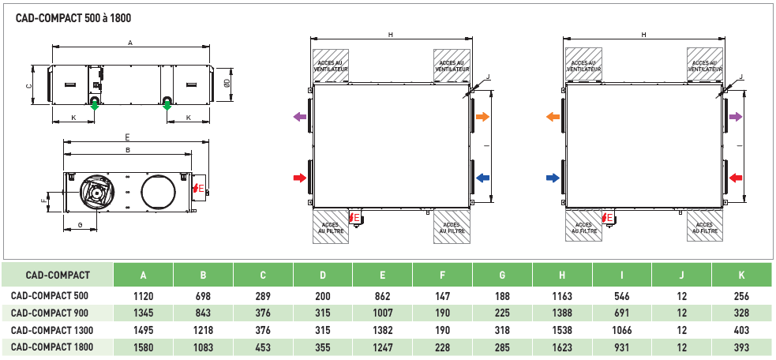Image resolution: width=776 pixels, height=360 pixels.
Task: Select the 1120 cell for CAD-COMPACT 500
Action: coord(143,296)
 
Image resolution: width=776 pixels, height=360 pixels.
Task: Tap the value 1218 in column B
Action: coord(203,329)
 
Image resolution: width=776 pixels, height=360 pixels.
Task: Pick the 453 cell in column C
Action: coord(263,347)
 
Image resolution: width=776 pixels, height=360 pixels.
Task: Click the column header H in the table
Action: coord(562,276)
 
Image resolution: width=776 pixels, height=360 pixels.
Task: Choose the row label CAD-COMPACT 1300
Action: coord(52,329)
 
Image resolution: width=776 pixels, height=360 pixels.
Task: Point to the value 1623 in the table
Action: coord(562,347)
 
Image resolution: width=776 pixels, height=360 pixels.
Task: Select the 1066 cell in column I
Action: coord(622,329)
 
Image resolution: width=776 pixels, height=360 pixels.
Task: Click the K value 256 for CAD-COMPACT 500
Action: coord(741,296)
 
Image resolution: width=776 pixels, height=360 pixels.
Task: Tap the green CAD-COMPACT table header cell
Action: coord(58,276)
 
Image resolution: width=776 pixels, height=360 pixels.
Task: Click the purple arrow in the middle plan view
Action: coord(299,117)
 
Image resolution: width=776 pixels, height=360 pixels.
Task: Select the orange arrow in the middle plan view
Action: coord(482,117)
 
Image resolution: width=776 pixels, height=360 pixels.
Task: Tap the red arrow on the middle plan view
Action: coord(299,178)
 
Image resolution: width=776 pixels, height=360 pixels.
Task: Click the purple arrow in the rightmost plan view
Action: coord(736,117)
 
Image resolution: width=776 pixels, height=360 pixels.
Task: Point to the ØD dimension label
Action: coord(227,81)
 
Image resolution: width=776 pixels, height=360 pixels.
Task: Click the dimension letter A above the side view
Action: coord(130,42)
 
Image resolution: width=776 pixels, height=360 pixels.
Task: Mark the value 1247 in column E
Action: coord(382,347)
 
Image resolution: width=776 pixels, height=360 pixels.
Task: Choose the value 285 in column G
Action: coord(502,347)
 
